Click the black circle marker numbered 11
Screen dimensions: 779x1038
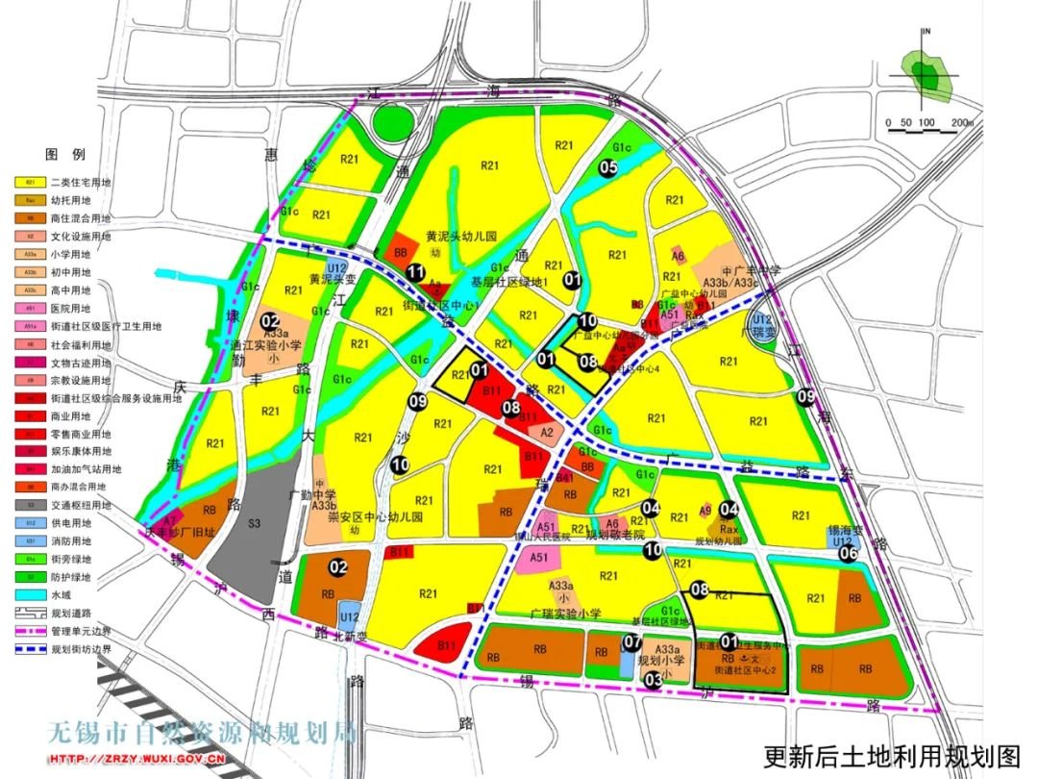415,273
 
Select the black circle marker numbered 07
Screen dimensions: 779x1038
632,642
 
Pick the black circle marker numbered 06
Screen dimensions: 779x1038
847,553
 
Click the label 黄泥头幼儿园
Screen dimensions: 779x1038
461,236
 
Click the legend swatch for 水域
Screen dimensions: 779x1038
31,597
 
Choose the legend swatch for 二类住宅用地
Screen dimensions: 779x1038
31,182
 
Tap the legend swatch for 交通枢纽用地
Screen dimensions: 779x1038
31,506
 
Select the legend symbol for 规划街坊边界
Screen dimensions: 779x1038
31,649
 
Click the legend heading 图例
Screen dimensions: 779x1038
65,154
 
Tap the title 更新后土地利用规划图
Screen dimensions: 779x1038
891,757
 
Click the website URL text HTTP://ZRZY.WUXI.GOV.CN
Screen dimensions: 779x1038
136,759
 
